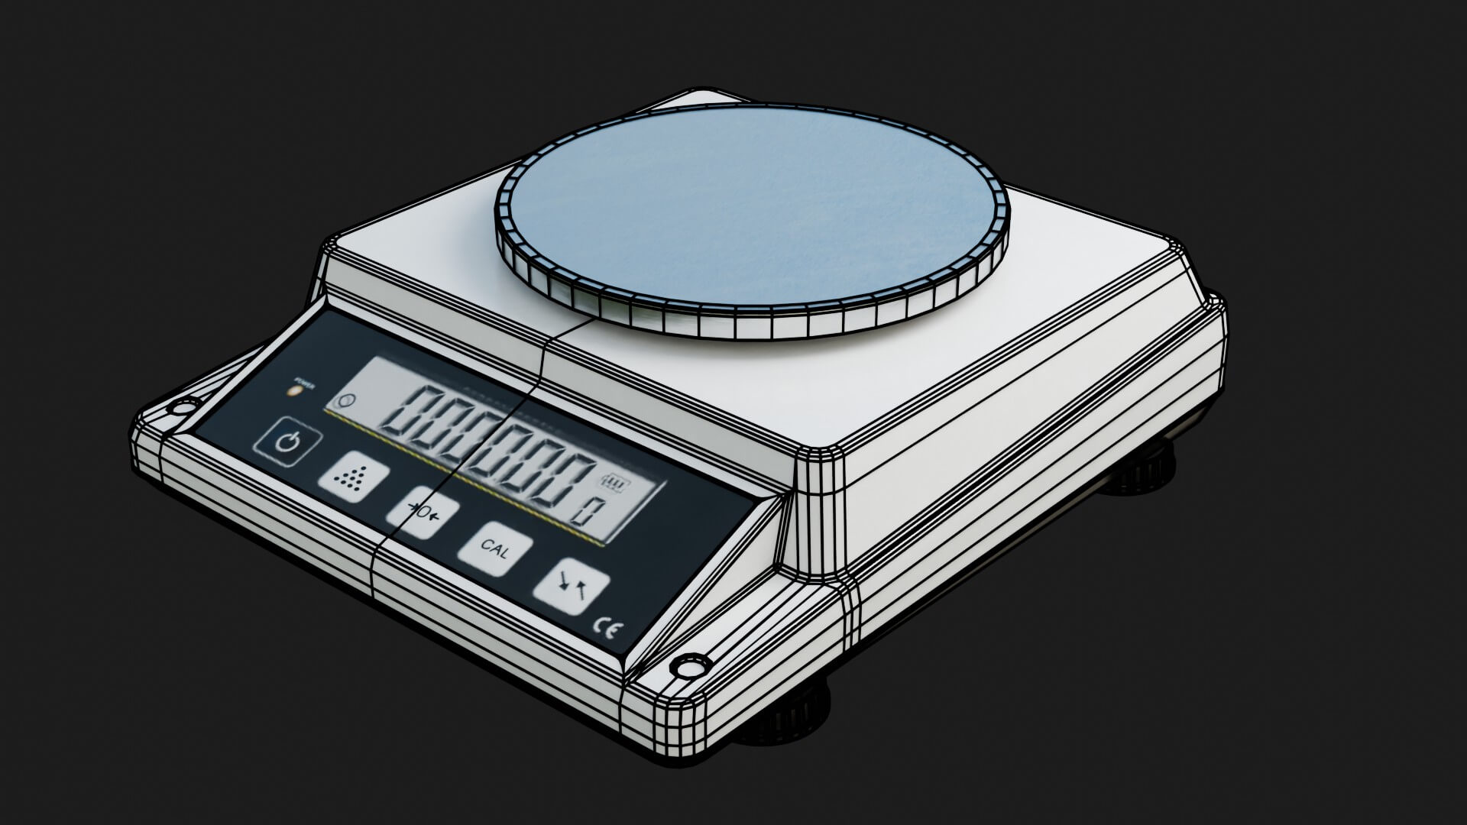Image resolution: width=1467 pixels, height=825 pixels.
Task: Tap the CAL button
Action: [x=495, y=549]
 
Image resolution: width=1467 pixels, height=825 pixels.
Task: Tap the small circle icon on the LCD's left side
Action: [x=348, y=400]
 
